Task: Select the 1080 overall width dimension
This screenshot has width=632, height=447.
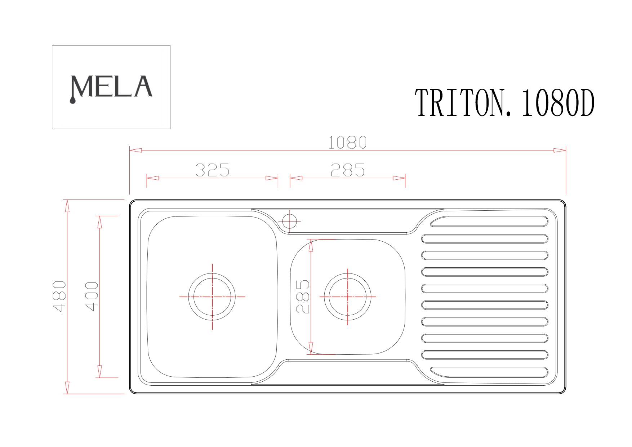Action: point(347,143)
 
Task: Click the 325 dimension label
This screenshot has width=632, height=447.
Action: point(212,170)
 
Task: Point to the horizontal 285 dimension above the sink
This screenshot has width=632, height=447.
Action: point(348,170)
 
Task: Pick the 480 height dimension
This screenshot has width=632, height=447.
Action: point(60,296)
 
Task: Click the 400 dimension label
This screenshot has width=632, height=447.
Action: point(92,297)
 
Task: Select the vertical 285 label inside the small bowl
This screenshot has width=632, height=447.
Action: point(303,297)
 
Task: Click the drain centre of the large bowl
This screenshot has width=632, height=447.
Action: point(212,297)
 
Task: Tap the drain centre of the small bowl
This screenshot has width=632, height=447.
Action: point(348,297)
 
